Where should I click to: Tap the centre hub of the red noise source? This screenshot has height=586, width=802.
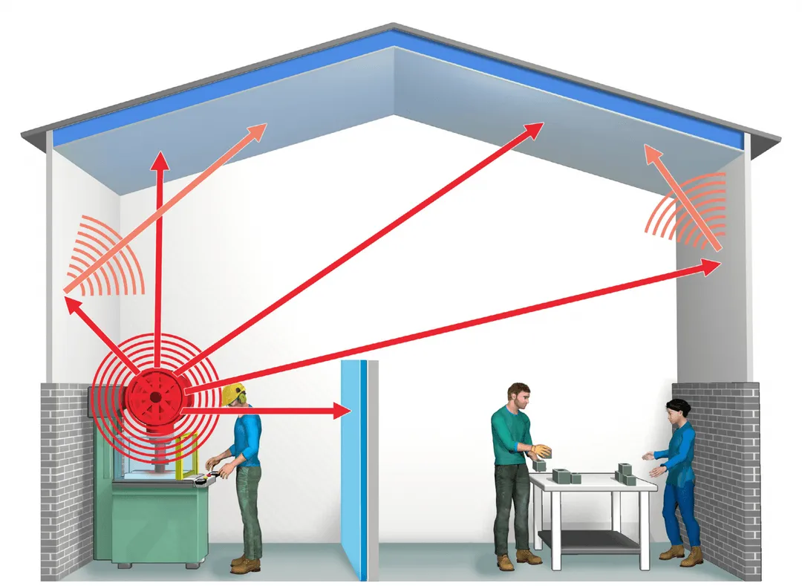pyautogui.click(x=154, y=398)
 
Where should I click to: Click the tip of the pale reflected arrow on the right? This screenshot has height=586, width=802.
pyautogui.click(x=649, y=152)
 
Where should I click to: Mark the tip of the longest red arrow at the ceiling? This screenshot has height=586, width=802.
pyautogui.click(x=540, y=126)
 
